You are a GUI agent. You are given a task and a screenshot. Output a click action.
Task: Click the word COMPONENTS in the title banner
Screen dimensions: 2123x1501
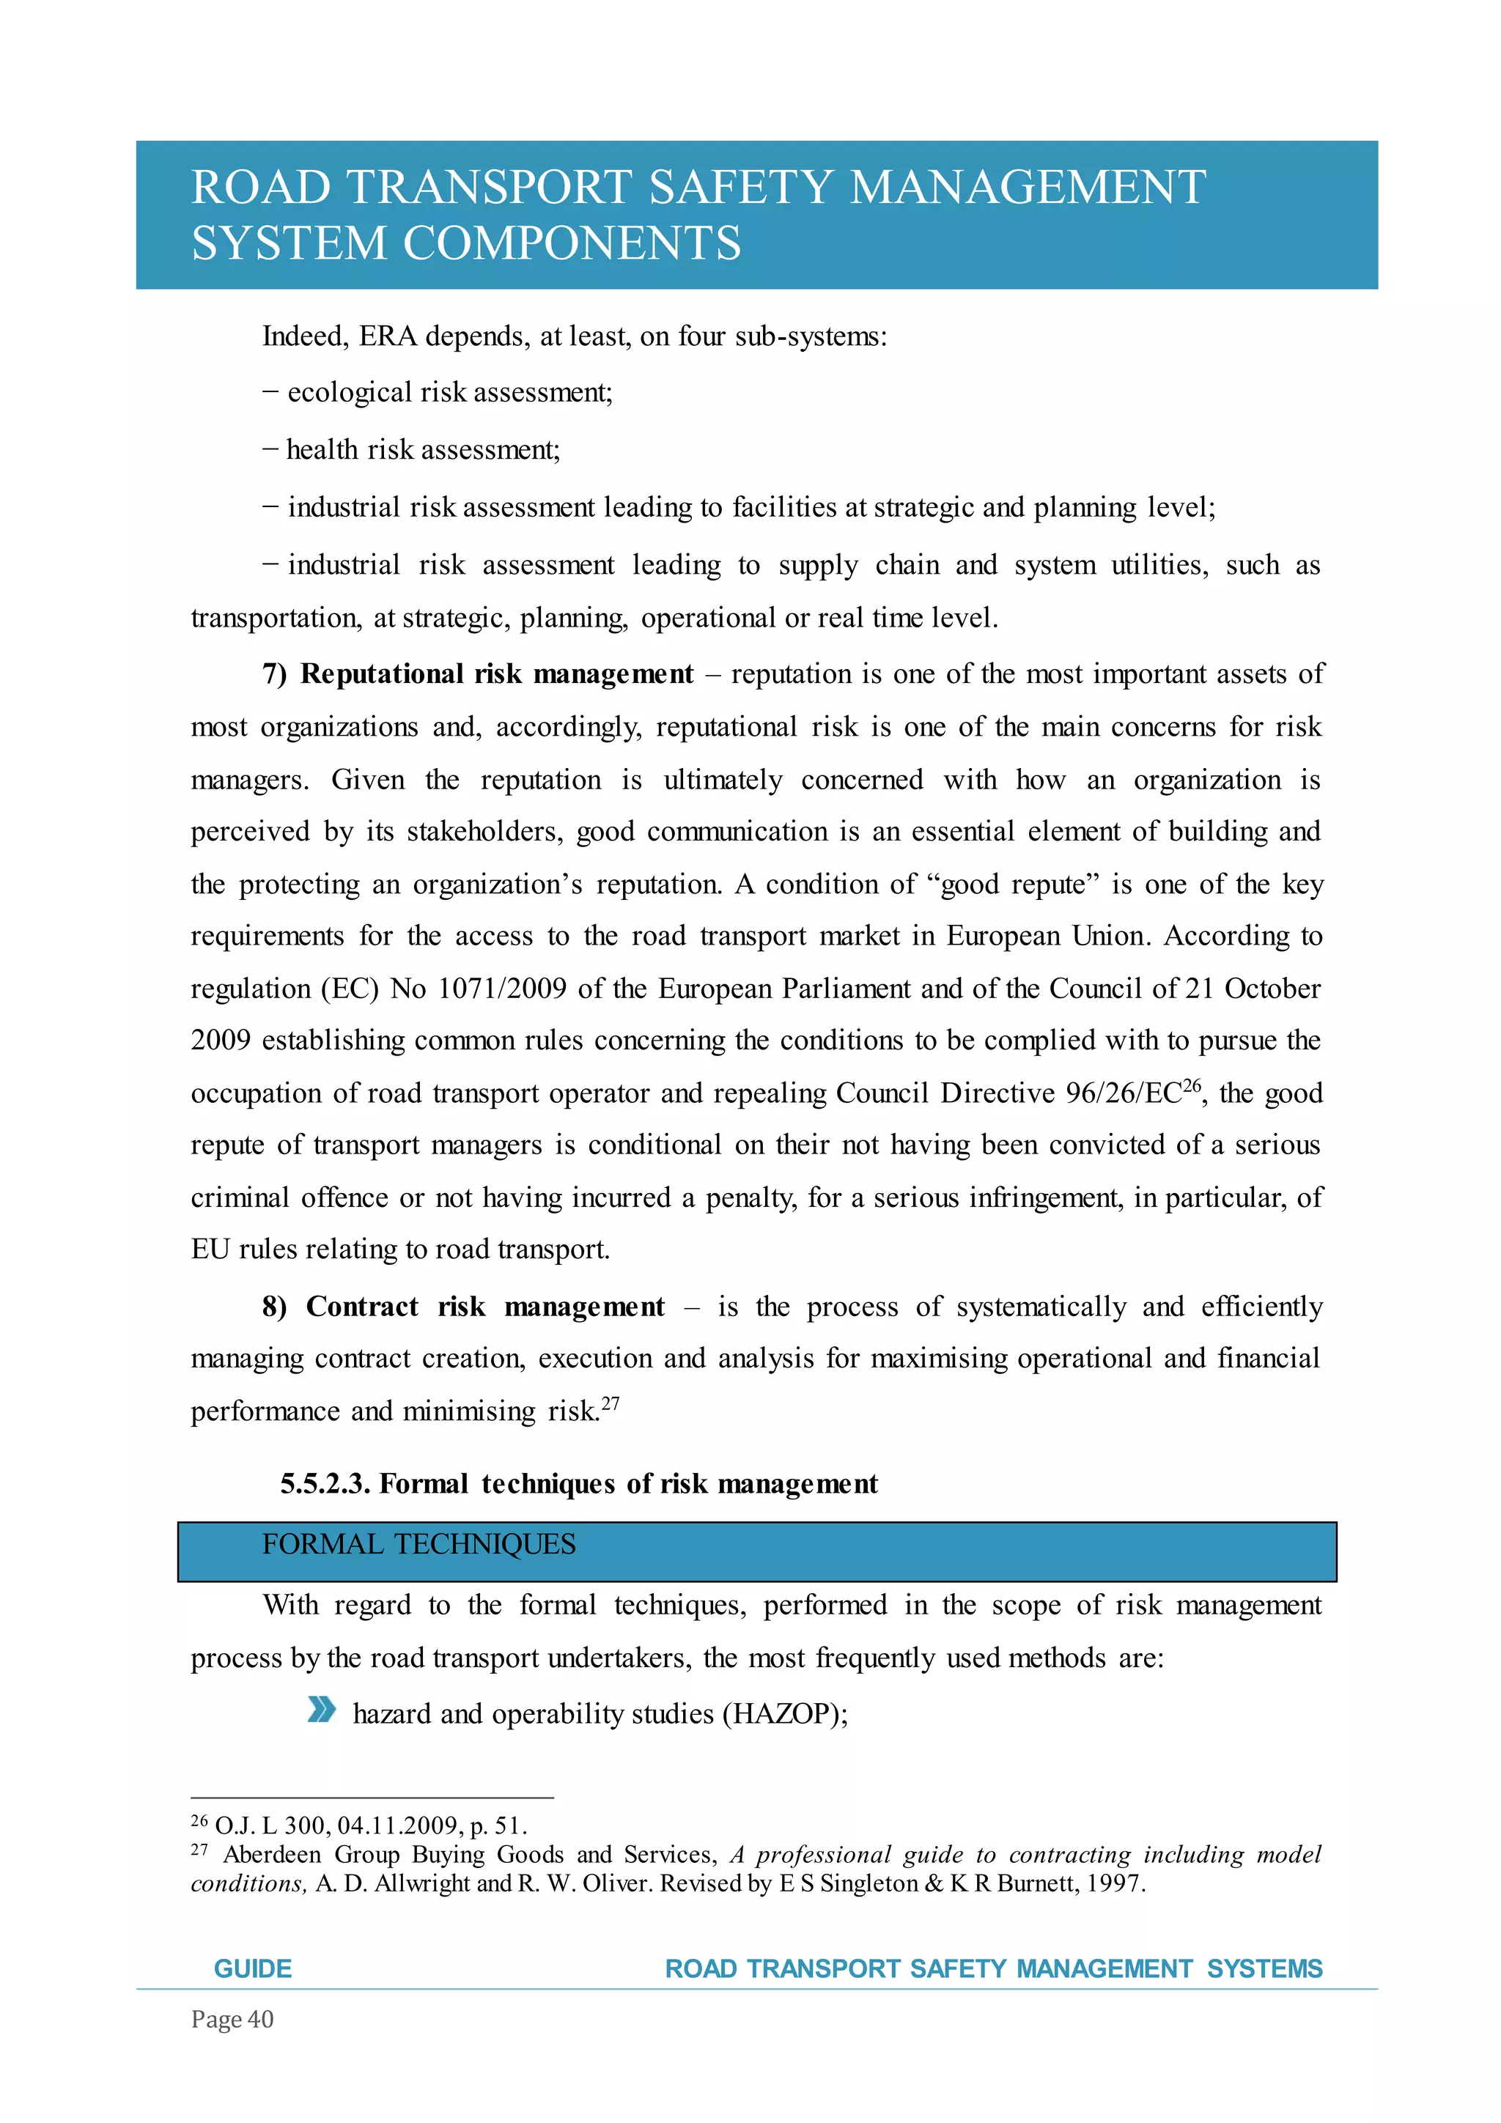(572, 244)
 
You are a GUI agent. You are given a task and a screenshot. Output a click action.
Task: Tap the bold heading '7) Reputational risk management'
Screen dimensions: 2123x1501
(477, 674)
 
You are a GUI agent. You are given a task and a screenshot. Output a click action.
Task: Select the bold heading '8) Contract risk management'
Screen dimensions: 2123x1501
(463, 1307)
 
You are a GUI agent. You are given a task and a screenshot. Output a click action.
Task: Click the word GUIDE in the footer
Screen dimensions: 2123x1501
(252, 1968)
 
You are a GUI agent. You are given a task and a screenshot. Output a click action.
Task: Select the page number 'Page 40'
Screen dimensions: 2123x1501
(232, 2020)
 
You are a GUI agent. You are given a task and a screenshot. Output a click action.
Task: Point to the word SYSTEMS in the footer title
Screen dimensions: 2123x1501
(1264, 1968)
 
